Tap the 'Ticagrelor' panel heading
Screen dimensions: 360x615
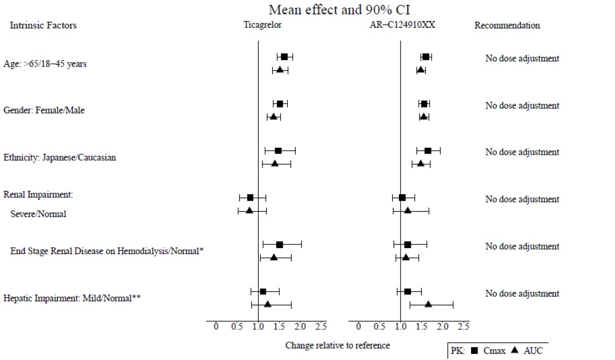(262, 25)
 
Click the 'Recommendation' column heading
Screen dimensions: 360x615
(507, 25)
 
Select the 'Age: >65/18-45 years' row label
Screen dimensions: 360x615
(45, 64)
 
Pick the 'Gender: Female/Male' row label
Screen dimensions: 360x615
(44, 110)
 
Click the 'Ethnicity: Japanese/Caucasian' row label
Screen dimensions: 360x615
(60, 158)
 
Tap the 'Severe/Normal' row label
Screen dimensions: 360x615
(38, 214)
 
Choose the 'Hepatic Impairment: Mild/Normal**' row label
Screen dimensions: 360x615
(73, 298)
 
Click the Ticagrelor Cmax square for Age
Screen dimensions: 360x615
(284, 57)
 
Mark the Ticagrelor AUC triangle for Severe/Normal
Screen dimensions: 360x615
(249, 210)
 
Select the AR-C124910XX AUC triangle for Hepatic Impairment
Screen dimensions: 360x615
(428, 304)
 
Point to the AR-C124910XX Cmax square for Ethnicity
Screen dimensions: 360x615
(428, 151)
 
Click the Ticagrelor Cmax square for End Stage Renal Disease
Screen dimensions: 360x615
(279, 245)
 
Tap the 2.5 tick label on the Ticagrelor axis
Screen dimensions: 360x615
(321, 326)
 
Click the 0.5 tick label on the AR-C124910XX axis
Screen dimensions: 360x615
(379, 326)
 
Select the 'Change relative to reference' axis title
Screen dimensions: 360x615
(338, 345)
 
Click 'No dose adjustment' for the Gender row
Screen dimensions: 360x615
(522, 106)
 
